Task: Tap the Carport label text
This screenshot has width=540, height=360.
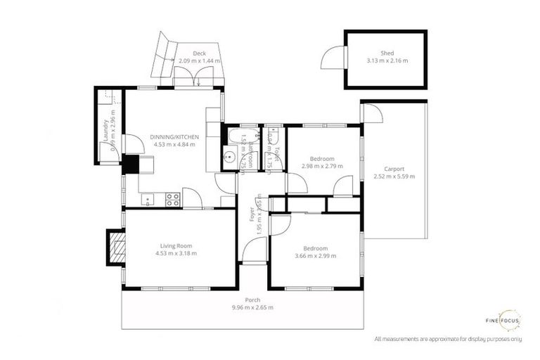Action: pos(394,169)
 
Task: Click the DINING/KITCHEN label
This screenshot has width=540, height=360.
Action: pos(174,136)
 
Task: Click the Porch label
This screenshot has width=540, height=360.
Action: pos(252,300)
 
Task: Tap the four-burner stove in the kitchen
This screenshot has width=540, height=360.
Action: pos(172,200)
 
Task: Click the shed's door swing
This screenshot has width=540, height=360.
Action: pos(333,59)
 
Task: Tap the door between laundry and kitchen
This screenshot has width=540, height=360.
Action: pos(130,143)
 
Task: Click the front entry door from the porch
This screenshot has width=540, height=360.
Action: pos(255,250)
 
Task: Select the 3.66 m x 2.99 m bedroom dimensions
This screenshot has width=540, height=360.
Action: pos(315,256)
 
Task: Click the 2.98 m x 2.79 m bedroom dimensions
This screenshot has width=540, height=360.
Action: pos(322,167)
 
